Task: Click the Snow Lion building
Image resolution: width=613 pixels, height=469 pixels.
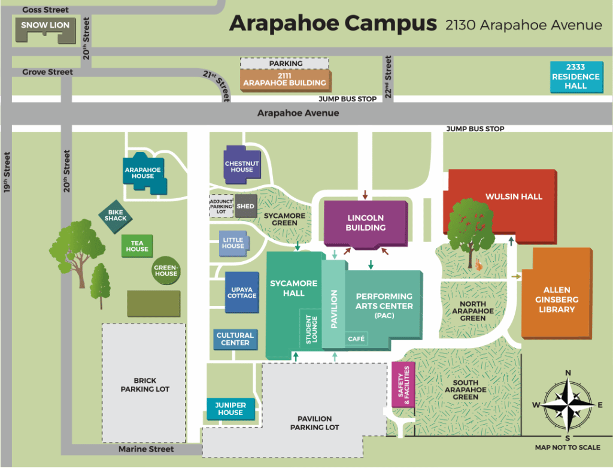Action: pyautogui.click(x=45, y=28)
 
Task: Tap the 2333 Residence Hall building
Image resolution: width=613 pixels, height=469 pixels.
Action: pyautogui.click(x=575, y=77)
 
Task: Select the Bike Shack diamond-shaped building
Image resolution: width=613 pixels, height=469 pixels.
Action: pyautogui.click(x=116, y=215)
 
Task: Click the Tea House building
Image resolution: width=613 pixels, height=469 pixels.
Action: pyautogui.click(x=137, y=246)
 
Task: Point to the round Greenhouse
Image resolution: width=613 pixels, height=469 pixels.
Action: pyautogui.click(x=166, y=271)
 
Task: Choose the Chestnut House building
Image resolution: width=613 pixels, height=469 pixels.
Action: pyautogui.click(x=242, y=164)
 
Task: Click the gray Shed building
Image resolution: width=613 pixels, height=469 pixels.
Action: pyautogui.click(x=245, y=206)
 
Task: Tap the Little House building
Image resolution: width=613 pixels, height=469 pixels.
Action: pyautogui.click(x=233, y=243)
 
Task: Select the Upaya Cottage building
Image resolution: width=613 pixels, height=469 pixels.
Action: pyautogui.click(x=242, y=292)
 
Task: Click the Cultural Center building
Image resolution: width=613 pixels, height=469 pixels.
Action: pyautogui.click(x=235, y=339)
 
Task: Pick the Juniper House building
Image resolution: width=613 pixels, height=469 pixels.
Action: pyautogui.click(x=230, y=409)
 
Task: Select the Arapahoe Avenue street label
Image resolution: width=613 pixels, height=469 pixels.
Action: pyautogui.click(x=298, y=113)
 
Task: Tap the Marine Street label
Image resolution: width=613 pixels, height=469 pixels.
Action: pyautogui.click(x=146, y=449)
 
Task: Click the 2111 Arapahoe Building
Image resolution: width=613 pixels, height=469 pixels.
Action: pyautogui.click(x=284, y=79)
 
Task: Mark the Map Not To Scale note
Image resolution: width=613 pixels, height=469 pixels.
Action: pyautogui.click(x=567, y=447)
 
